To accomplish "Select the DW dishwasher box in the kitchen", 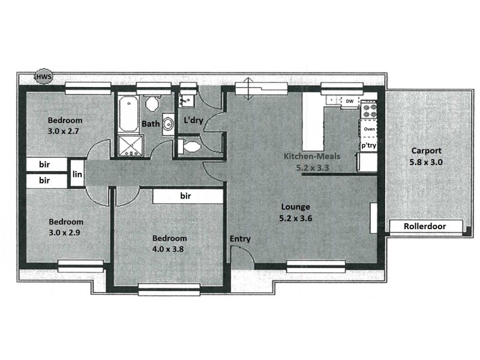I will [349, 101].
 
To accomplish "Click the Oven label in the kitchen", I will [370, 129].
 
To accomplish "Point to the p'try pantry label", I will [368, 146].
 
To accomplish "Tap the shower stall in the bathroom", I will [128, 146].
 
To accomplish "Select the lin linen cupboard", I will [77, 174].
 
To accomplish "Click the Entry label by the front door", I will [240, 239].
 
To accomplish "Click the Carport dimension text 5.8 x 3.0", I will [426, 162].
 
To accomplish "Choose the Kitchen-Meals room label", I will [312, 157].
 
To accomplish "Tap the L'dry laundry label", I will [193, 120].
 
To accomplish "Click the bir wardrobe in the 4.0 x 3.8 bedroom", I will [186, 196].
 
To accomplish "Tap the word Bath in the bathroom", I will [150, 124].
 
